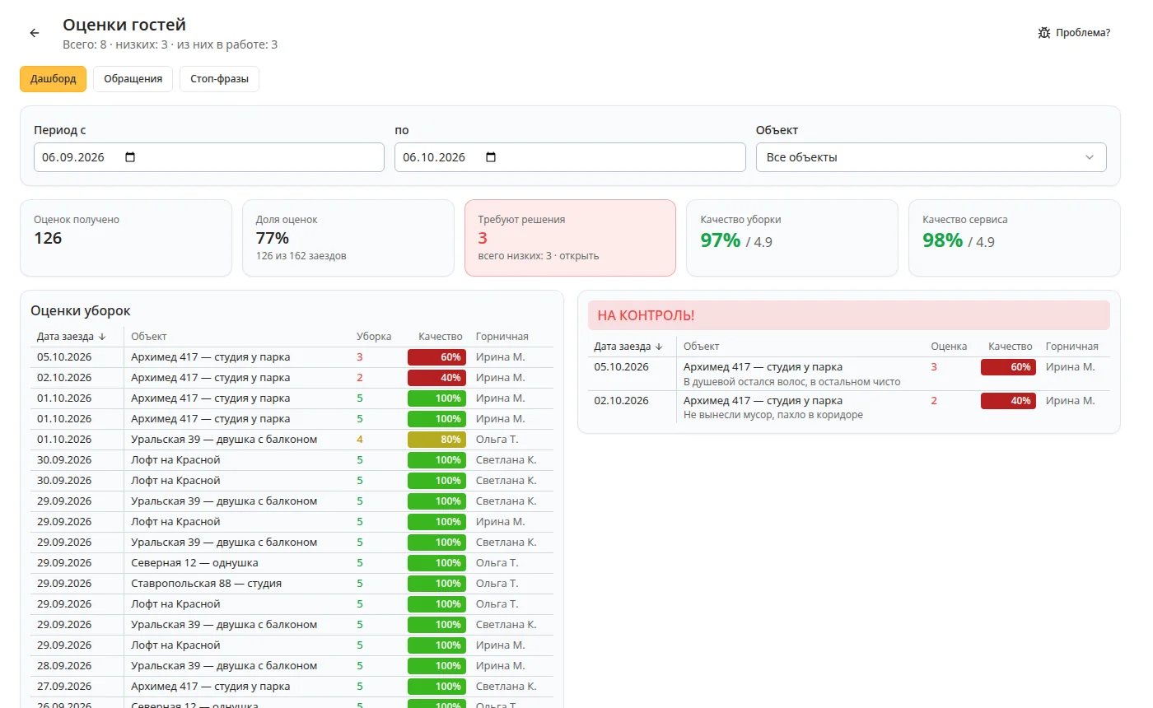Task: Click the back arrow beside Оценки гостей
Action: point(35,33)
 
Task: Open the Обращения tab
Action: point(133,79)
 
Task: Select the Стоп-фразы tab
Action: point(219,79)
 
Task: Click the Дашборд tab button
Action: point(53,79)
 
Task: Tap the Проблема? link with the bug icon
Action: point(1074,32)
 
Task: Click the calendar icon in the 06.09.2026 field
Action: point(130,157)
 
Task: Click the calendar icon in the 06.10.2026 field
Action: point(491,157)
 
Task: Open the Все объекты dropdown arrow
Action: point(1089,157)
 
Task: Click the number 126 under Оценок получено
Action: point(48,238)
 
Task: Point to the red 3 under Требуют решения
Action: point(483,238)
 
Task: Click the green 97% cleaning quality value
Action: point(720,240)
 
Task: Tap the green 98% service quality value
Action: point(942,240)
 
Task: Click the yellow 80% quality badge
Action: point(437,440)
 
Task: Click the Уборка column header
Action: point(374,337)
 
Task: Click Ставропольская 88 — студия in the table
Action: point(206,584)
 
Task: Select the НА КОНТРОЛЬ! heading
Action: point(646,315)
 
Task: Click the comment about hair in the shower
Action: point(791,382)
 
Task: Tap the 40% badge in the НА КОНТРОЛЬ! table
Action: point(1008,401)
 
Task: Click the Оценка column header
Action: point(949,347)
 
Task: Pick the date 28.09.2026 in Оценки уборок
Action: point(64,666)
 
